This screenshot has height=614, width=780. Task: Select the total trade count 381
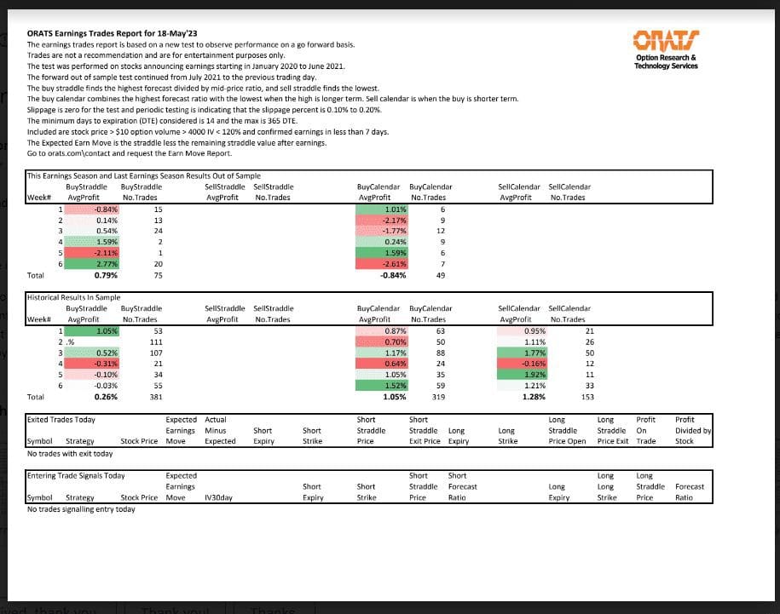tap(155, 396)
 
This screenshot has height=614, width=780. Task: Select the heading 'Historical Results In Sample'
tap(73, 298)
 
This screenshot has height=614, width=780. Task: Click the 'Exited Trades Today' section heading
tap(61, 420)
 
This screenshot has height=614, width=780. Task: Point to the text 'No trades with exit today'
tap(70, 453)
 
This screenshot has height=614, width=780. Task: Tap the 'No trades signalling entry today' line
tap(81, 509)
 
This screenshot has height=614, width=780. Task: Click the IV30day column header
tap(219, 497)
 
